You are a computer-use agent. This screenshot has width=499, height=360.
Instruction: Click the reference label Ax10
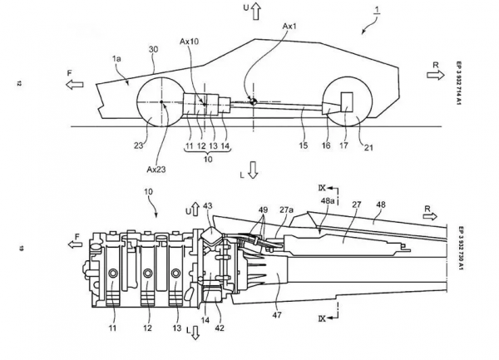[x=190, y=41]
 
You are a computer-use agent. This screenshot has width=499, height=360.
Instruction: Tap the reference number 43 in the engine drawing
[x=208, y=205]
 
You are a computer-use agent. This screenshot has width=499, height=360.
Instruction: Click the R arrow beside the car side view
[x=435, y=75]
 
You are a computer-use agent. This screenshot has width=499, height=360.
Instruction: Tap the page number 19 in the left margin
[x=17, y=245]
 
